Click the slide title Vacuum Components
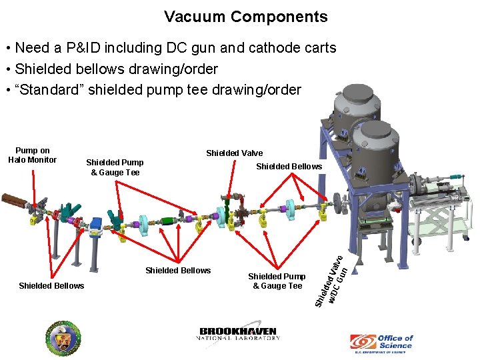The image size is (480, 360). coord(246,17)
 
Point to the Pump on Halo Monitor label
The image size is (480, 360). coord(33,155)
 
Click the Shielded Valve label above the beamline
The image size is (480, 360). coord(234,153)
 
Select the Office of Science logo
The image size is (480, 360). coord(381,342)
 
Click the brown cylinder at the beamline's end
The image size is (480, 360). coord(13,200)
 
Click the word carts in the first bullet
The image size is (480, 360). coord(319,48)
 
